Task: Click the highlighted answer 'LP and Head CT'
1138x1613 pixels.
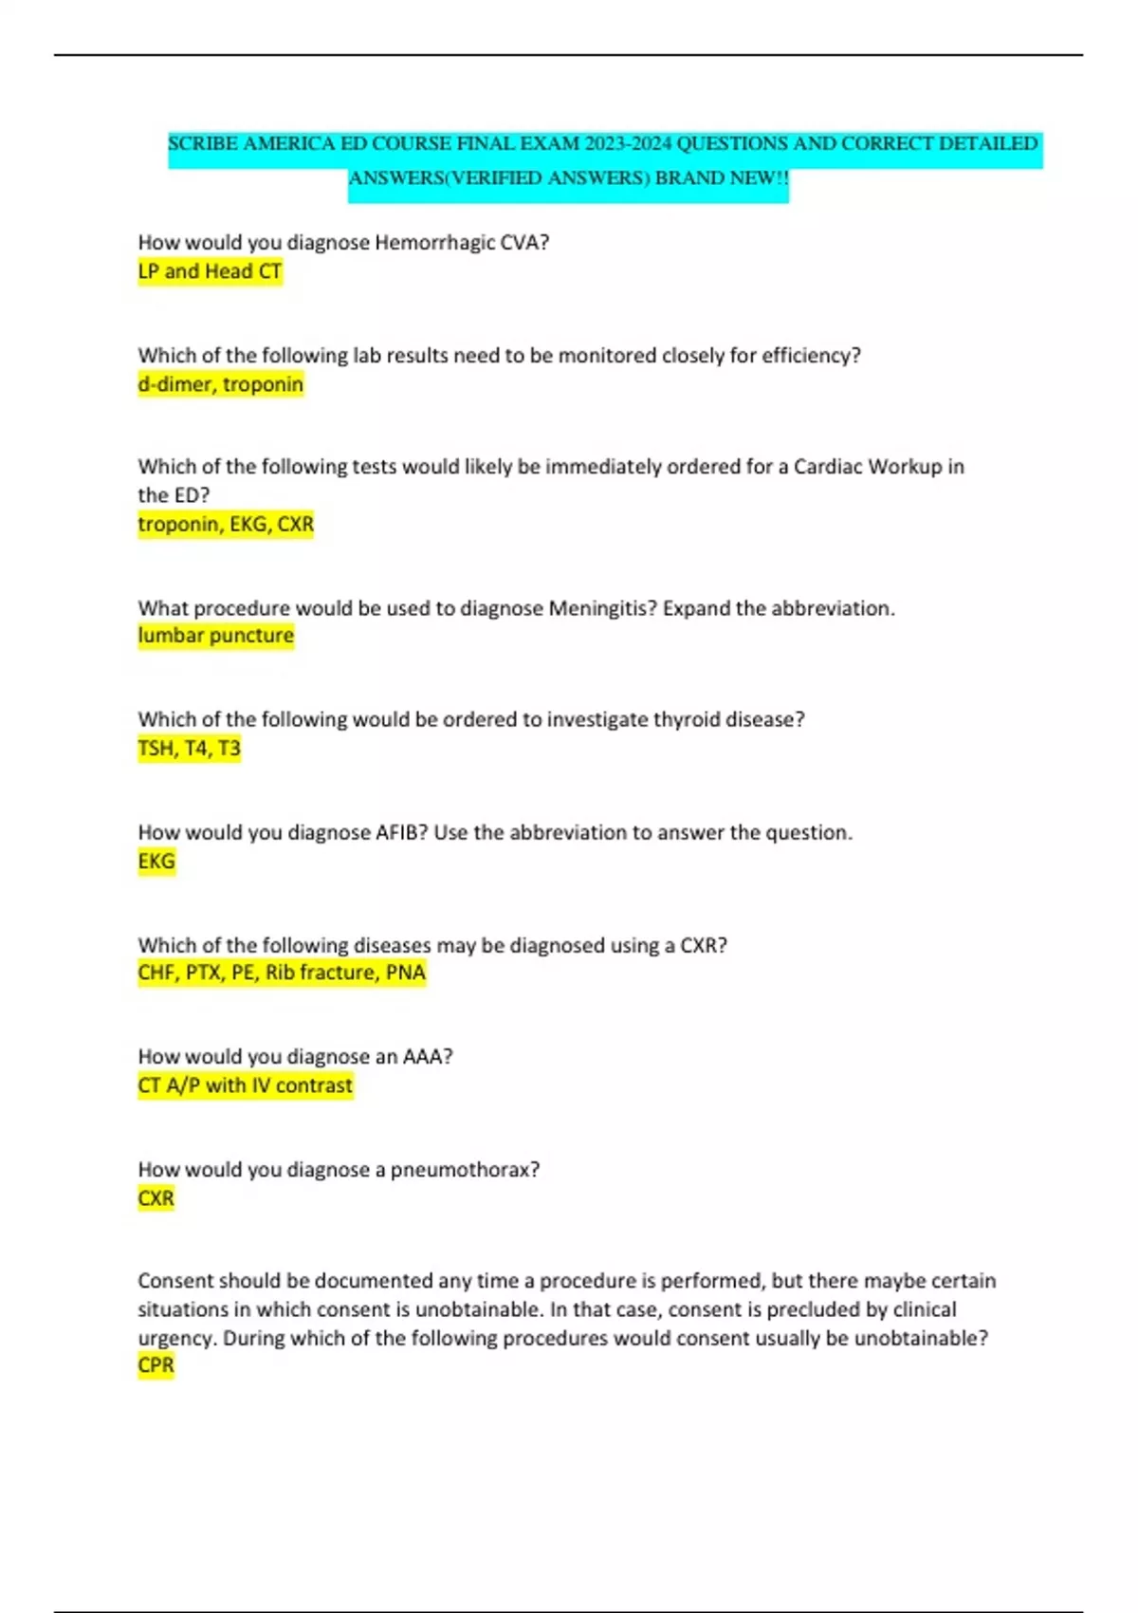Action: tap(210, 271)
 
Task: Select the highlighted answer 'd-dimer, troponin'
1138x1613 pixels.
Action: tap(220, 384)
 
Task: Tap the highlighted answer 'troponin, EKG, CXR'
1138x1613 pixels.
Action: tap(225, 524)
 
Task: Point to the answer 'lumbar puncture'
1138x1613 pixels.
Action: tap(215, 636)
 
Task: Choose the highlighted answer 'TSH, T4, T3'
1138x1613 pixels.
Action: tap(189, 749)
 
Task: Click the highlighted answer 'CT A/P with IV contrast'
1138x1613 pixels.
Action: tap(245, 1085)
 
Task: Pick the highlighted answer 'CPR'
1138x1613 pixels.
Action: tap(156, 1365)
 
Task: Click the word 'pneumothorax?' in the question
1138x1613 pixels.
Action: tap(465, 1170)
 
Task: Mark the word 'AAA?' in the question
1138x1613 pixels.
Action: tap(428, 1057)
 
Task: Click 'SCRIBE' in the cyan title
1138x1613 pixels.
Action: tap(202, 144)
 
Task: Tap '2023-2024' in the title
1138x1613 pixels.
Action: tap(628, 144)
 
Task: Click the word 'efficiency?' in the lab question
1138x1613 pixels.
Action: tap(811, 356)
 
